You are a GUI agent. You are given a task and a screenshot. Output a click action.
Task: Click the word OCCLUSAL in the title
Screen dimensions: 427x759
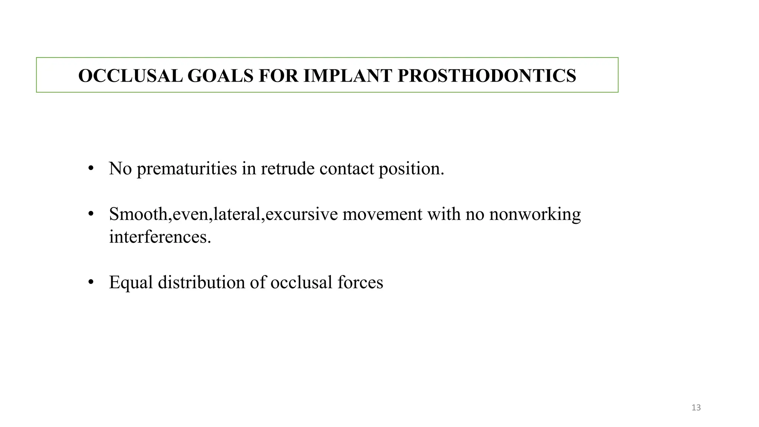[x=130, y=76]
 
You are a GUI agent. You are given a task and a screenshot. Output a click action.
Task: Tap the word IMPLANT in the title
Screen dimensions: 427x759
[x=348, y=76]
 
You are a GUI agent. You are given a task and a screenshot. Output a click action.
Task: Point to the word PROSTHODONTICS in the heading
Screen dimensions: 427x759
[x=487, y=76]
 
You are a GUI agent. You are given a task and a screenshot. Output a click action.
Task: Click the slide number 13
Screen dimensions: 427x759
[x=696, y=408]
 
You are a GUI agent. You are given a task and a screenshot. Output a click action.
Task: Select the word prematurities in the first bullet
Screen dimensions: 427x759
[x=187, y=169]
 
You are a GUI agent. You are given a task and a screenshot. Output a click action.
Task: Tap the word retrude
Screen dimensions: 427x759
[x=288, y=169]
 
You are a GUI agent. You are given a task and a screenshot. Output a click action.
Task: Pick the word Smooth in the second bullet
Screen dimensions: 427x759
[x=138, y=214]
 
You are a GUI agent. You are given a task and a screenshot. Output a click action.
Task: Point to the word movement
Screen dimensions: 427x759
[x=382, y=214]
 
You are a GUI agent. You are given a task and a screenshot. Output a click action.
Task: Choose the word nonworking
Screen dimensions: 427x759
[x=535, y=214]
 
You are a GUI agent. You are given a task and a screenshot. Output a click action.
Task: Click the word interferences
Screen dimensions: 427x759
[x=160, y=237]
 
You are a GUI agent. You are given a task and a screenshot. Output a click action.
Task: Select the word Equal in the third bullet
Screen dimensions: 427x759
[x=131, y=282]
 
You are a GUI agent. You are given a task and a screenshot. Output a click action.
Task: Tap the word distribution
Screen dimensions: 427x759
[x=201, y=282]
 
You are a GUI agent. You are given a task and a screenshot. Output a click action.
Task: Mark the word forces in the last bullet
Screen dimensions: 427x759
[x=360, y=282]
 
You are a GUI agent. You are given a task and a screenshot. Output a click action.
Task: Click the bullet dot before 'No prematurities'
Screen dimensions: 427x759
[x=91, y=169]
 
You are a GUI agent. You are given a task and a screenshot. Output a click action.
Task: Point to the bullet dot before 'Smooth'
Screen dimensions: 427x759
[x=91, y=214]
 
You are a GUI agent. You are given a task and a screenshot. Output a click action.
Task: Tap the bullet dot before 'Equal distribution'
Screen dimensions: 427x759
[x=91, y=282]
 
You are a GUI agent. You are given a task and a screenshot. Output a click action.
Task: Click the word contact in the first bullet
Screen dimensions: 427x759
[x=347, y=169]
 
